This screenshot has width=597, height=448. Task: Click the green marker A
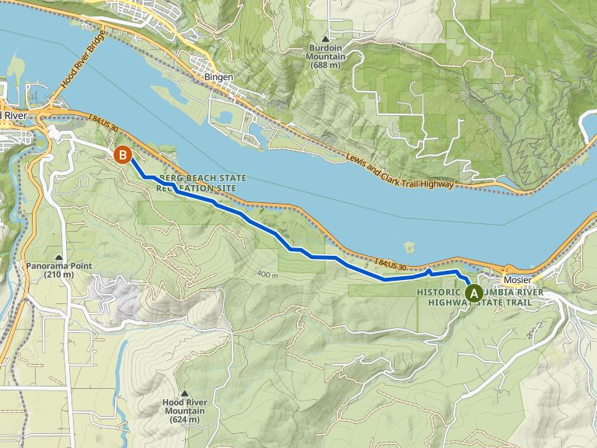point(473,292)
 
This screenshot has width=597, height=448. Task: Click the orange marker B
point(122,155)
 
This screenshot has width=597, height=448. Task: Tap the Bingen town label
point(218,78)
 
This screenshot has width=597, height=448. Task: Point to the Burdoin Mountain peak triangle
point(326,37)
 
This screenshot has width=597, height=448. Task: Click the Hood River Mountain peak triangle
point(184,393)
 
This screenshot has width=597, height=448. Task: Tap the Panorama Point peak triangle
point(59,257)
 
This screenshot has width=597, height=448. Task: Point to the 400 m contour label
point(266,275)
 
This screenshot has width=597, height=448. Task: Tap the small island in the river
point(409,247)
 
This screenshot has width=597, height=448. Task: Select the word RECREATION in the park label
point(184,188)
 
